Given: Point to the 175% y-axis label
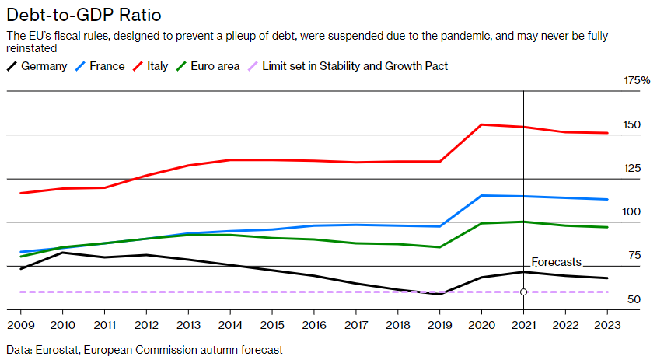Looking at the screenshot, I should (637, 81).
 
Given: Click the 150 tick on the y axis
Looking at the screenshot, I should (632, 124).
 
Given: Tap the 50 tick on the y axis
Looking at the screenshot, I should (634, 300).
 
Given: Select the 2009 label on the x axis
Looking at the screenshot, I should (21, 324).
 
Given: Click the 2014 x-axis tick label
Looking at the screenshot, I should (230, 324).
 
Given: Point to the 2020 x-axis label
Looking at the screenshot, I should (482, 324).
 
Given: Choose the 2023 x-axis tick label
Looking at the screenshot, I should (607, 324).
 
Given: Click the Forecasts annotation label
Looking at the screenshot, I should (556, 262).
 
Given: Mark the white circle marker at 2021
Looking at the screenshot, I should (523, 292).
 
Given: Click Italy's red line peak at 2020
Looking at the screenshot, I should (482, 124).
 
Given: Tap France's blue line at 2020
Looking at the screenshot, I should (482, 195).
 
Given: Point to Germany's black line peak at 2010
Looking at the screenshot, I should (63, 252).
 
